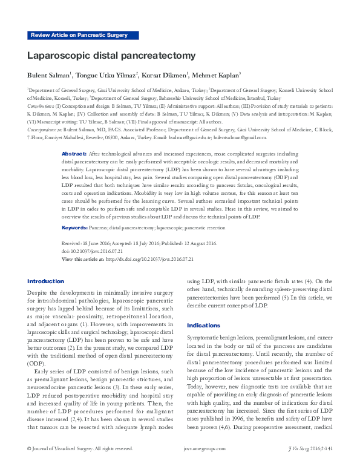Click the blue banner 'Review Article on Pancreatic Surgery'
79,36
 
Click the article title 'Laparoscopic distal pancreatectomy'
111,56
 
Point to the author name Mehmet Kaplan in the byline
217,75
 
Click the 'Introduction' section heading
45,281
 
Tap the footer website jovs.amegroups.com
205,465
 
